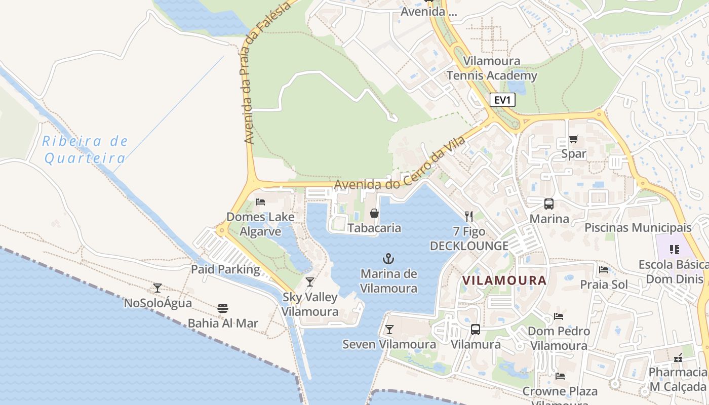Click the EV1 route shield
pos(502,100)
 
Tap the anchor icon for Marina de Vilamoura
pos(388,259)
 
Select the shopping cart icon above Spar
pos(573,139)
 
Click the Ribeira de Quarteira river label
pos(85,150)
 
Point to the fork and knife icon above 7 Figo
pos(469,217)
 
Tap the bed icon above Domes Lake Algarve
pos(260,201)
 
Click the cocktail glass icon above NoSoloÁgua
pos(157,288)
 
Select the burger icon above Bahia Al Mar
pos(223,308)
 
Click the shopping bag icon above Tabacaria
pos(374,213)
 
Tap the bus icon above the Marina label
pos(549,204)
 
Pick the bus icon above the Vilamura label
pos(475,330)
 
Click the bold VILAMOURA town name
pos(504,280)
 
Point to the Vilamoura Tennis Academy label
pos(491,69)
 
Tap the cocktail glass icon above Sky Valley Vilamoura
pos(310,282)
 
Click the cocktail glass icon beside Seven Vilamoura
pos(389,330)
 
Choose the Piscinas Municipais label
pos(638,227)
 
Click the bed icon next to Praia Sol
pos(603,269)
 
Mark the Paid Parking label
pos(225,269)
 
